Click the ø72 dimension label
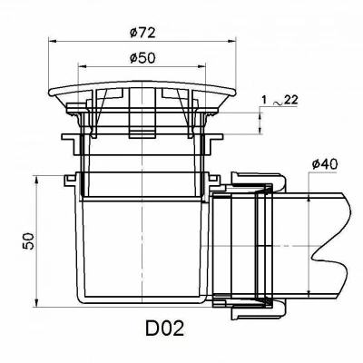[142, 33]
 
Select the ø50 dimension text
[142, 58]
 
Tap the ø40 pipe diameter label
[325, 164]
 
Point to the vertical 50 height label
[28, 240]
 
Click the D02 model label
[164, 329]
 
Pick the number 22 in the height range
[291, 100]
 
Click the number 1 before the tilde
[264, 101]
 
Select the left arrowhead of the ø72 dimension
[53, 42]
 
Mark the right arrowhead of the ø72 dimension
[231, 42]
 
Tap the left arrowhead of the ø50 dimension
[82, 66]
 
